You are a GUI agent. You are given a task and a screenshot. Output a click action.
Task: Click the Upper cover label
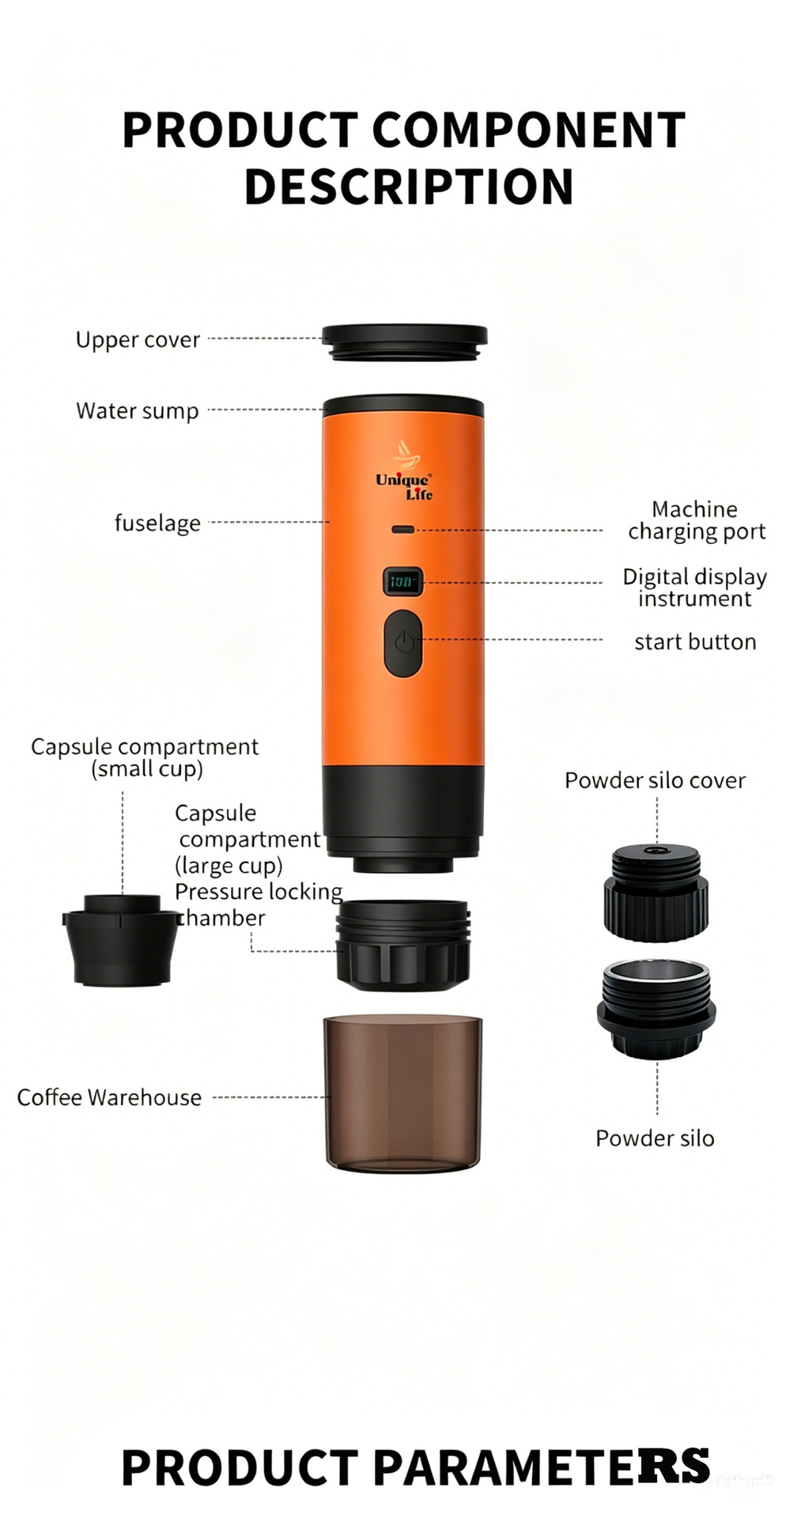coord(138,340)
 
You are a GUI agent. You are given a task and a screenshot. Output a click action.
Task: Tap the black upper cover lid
coord(404,342)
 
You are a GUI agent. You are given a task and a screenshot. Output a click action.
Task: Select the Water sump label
coord(137,411)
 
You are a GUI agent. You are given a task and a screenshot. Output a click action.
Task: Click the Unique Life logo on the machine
coord(404,471)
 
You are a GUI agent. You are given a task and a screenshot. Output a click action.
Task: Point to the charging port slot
coord(403,529)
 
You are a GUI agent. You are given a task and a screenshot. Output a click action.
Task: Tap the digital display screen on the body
coord(402,581)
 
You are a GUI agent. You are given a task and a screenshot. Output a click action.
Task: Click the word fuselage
coord(157,523)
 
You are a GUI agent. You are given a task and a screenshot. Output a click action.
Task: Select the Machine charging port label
coord(696,520)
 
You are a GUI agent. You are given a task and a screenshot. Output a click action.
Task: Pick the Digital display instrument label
coord(694,587)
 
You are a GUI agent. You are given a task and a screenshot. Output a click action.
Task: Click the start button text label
coord(695,642)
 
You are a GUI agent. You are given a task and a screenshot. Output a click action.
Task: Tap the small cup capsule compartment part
coord(121,939)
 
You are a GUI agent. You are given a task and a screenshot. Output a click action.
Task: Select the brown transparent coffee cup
coord(402,1093)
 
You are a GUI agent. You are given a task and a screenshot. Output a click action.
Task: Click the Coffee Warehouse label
coord(109,1097)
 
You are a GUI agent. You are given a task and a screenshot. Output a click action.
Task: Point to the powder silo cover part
coord(656,892)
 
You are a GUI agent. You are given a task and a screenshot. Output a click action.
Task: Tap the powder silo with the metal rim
coord(656,1009)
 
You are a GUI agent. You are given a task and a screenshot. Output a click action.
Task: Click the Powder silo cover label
coord(655,780)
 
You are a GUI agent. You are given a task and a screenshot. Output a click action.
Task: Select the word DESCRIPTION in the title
coord(409,187)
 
